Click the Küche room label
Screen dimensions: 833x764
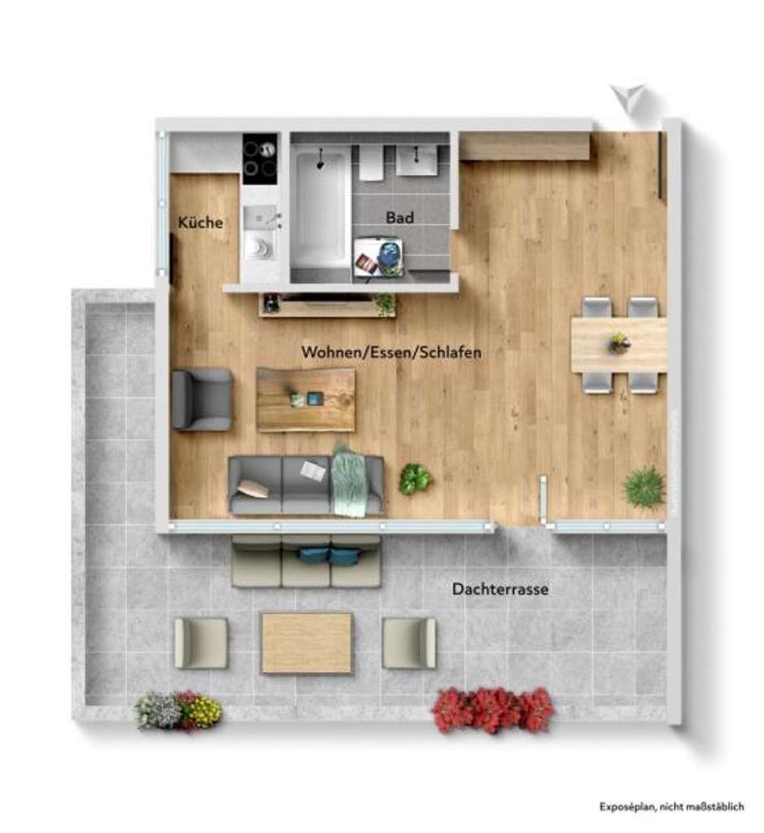(200, 222)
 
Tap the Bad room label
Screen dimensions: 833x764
(399, 217)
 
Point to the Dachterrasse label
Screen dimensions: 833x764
(500, 590)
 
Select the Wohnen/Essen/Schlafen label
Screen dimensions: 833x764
(391, 352)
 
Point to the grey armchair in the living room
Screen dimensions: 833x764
(202, 399)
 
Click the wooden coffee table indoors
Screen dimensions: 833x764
(306, 399)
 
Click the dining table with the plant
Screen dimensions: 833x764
(618, 345)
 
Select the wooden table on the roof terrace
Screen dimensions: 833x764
(307, 643)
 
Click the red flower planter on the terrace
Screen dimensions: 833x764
(493, 709)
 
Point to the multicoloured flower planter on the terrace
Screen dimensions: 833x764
(178, 711)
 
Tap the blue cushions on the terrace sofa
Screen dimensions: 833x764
(330, 556)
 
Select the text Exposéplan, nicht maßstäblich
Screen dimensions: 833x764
(671, 806)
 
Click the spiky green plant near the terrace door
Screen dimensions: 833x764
(644, 487)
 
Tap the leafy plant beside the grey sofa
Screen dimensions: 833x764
(415, 478)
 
